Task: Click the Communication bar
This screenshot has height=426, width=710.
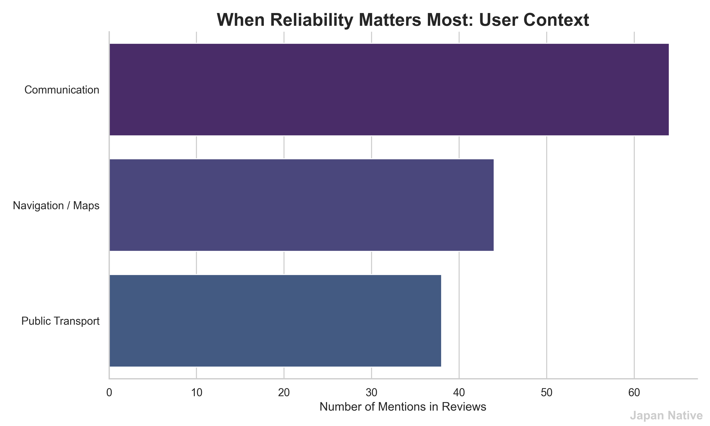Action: tap(389, 89)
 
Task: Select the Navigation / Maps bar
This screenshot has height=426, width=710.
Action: tap(301, 205)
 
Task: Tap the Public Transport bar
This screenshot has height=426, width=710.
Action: tap(275, 321)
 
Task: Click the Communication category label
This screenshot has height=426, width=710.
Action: tap(62, 90)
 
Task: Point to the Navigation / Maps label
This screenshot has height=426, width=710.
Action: tap(56, 205)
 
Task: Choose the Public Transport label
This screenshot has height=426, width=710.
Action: tap(61, 321)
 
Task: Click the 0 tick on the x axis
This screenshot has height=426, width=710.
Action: tap(109, 393)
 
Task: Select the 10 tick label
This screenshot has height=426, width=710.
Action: tap(197, 393)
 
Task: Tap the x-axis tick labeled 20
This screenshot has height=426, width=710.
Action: tap(284, 393)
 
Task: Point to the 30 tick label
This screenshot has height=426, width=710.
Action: tap(371, 393)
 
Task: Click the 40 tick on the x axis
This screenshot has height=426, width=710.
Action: tap(459, 393)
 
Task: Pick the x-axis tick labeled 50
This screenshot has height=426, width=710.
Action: tap(546, 393)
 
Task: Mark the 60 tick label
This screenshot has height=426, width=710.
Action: tap(634, 393)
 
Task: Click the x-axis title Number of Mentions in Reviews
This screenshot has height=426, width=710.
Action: tap(403, 407)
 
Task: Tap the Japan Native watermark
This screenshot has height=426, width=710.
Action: tap(666, 416)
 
